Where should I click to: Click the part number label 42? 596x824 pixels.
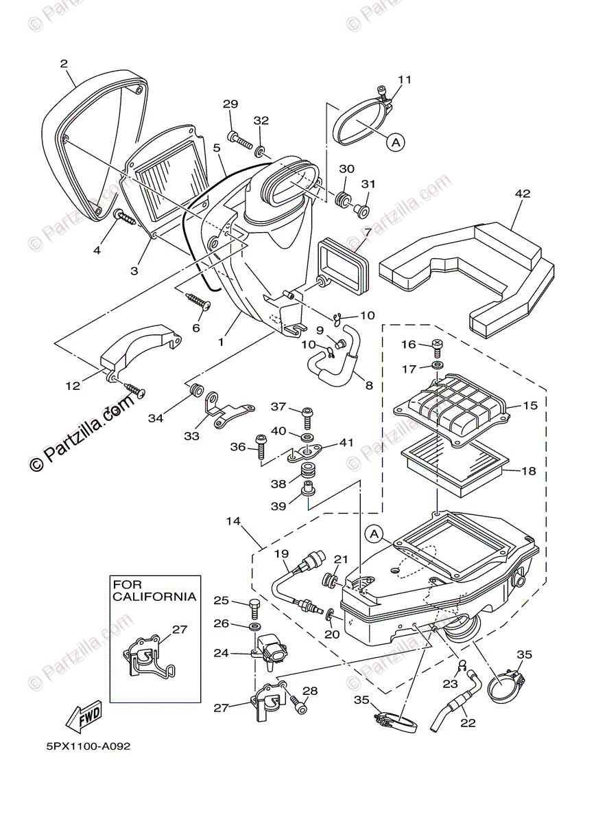click(523, 194)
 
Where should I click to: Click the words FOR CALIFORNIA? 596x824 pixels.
click(154, 591)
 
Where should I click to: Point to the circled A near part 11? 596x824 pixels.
click(395, 142)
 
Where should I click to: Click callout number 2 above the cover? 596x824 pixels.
click(64, 64)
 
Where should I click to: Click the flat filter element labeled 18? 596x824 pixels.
click(456, 472)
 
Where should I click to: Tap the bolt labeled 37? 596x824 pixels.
click(307, 416)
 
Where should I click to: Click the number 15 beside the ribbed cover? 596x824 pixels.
click(529, 406)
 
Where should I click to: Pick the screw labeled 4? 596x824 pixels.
click(126, 219)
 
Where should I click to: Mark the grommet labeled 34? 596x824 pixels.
click(195, 391)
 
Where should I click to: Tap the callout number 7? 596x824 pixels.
click(368, 232)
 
